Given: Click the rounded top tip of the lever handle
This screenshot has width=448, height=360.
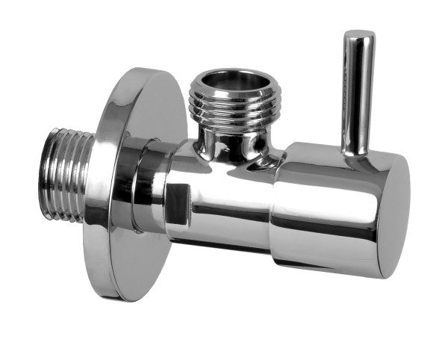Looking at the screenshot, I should click(x=358, y=34).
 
